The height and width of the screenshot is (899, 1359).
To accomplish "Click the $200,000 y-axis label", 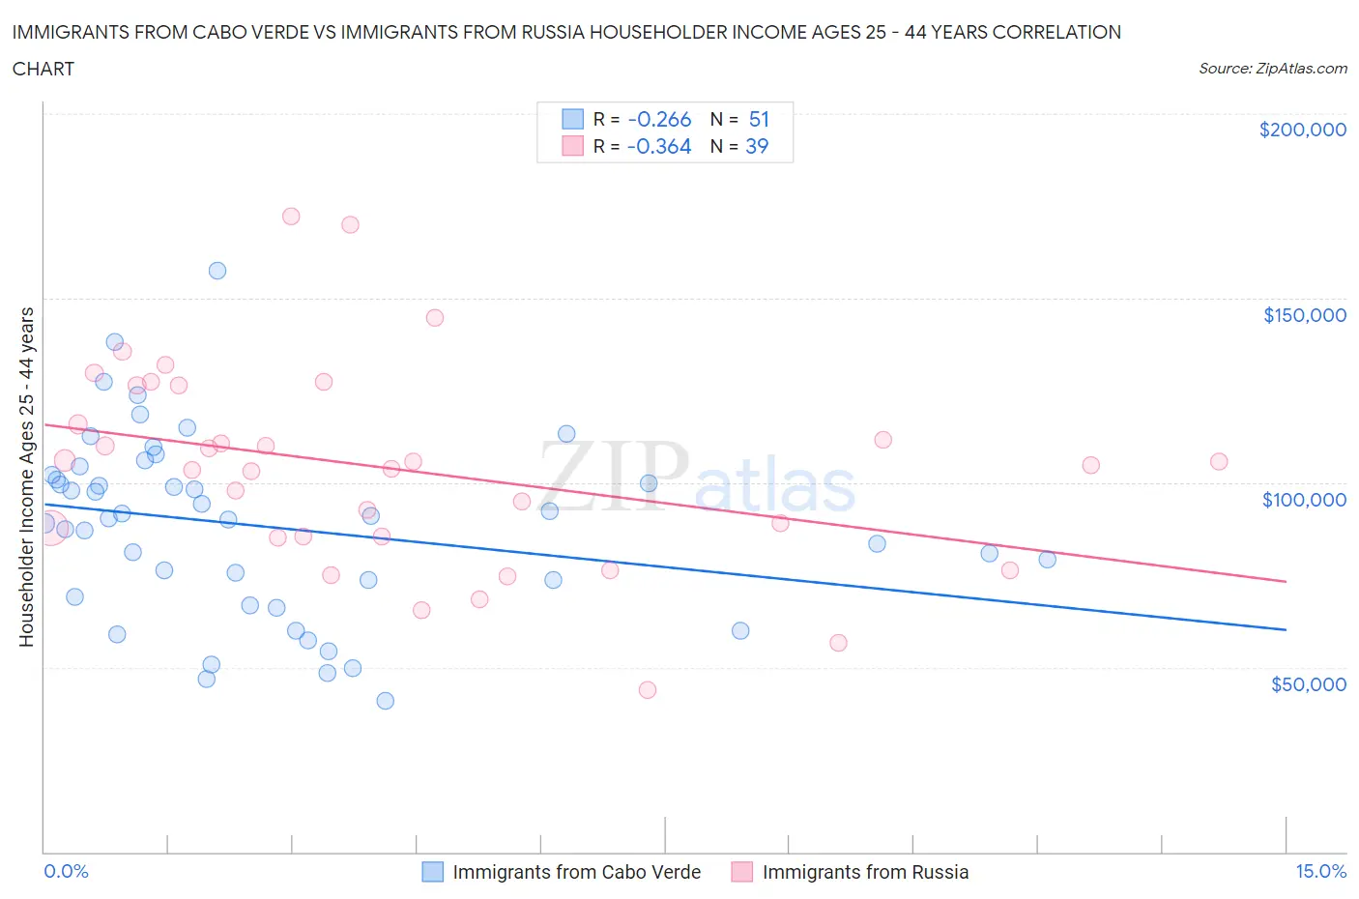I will click(x=1302, y=130).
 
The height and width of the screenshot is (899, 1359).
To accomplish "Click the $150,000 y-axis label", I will click(x=1304, y=315).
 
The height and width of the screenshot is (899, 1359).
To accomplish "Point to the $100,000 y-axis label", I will click(x=1304, y=500).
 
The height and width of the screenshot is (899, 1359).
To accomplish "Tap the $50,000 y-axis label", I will click(x=1308, y=684).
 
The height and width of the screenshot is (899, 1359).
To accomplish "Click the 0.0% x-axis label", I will click(x=66, y=871).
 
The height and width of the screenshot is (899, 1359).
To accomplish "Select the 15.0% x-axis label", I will click(x=1320, y=871).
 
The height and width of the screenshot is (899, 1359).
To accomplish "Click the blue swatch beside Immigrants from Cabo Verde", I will click(x=433, y=872).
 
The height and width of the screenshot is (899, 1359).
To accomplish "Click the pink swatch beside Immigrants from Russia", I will click(x=741, y=872).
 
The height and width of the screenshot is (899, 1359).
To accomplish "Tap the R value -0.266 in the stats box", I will click(x=659, y=119).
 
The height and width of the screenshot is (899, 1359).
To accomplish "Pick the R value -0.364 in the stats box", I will click(x=659, y=146).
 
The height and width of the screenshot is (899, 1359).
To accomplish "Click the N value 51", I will click(x=759, y=119).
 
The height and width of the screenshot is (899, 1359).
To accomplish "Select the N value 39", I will click(x=757, y=146).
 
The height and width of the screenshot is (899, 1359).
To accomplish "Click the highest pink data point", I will click(x=291, y=217).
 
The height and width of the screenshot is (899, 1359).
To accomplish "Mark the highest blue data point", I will click(x=217, y=271).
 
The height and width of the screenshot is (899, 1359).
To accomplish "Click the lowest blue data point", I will click(x=386, y=701).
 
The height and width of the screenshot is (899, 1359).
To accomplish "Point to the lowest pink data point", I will click(x=648, y=690).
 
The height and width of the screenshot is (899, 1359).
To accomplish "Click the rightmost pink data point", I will click(x=1219, y=462).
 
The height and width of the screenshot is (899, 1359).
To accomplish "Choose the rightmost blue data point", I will click(x=1047, y=560).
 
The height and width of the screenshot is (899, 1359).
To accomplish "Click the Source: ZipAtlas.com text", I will click(x=1272, y=69).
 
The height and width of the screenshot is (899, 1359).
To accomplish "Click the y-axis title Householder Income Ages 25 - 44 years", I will click(x=26, y=477).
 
